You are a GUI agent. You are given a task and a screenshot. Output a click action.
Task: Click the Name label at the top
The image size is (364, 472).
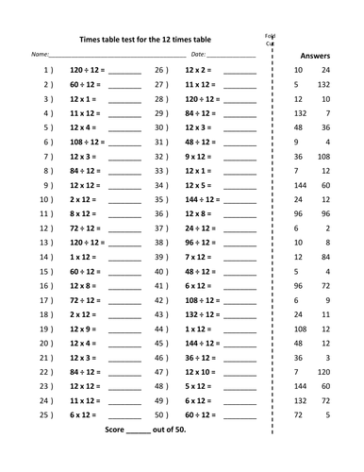(40, 56)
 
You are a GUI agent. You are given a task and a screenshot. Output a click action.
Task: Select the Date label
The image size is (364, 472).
(198, 56)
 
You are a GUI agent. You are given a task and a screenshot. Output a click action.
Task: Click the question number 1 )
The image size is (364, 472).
(46, 71)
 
